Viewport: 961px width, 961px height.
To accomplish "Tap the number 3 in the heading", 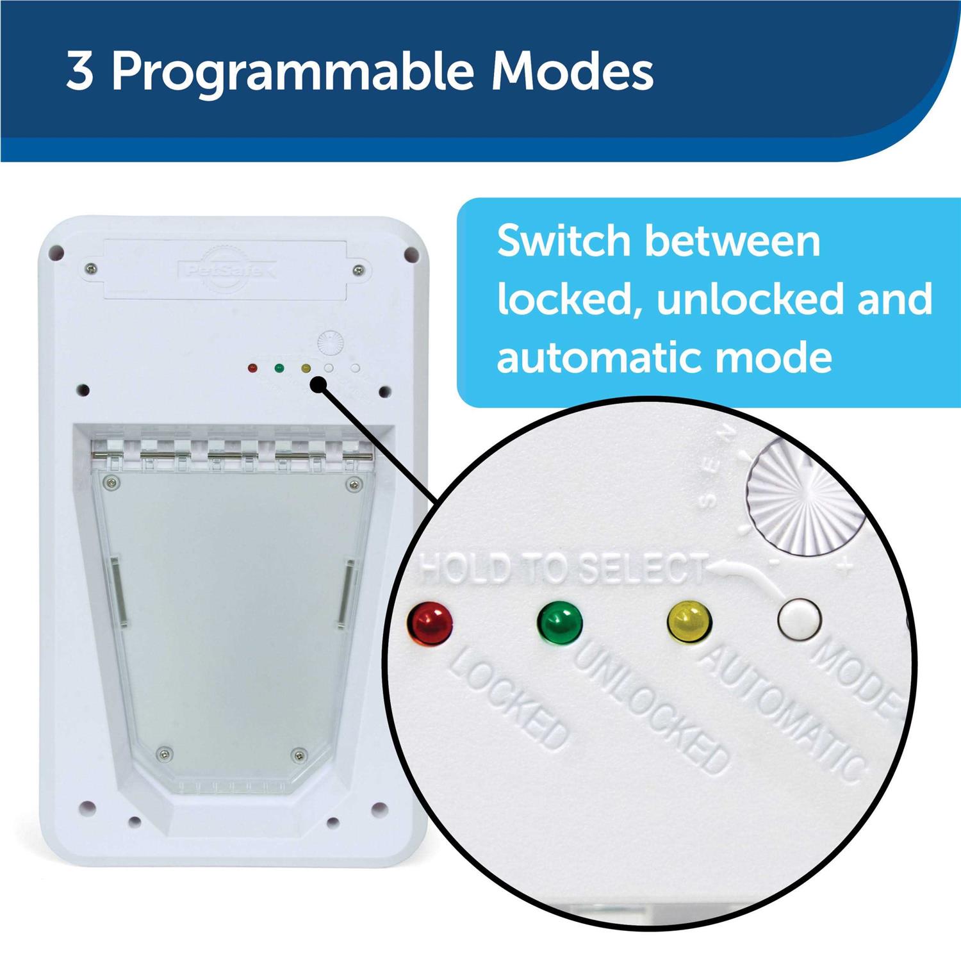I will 79,72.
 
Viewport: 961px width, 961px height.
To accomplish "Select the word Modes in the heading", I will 572,72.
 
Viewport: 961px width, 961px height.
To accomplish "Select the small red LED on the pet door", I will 252,369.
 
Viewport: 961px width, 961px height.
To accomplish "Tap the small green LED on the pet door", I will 279,368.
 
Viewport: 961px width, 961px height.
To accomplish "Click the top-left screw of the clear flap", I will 113,482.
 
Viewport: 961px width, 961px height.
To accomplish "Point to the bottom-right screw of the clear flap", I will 297,755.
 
